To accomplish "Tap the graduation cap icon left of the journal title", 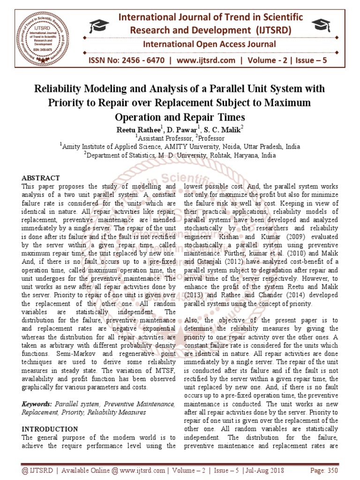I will (x=100, y=26).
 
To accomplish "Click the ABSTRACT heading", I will (x=41, y=178).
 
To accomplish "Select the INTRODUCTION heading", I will (x=50, y=429).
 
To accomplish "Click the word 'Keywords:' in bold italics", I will (x=37, y=404).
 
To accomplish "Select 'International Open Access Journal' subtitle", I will (x=209, y=45).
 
